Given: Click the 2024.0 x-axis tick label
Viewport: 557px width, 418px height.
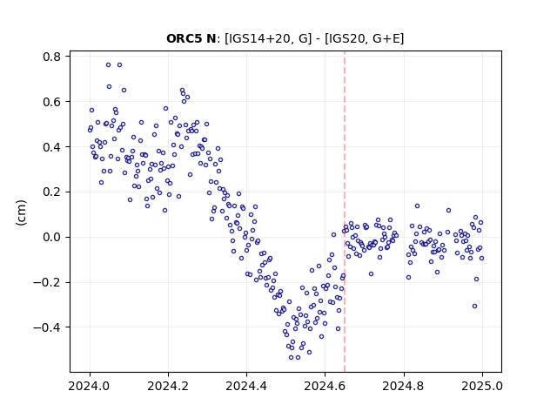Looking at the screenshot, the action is click(x=90, y=386).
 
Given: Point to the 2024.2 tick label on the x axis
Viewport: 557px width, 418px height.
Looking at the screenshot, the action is click(x=168, y=386).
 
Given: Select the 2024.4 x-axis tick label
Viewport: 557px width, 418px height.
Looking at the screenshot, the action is click(x=246, y=386).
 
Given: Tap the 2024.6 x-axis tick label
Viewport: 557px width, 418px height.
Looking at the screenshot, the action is click(x=325, y=386).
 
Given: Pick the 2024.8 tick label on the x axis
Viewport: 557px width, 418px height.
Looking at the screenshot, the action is click(x=404, y=386).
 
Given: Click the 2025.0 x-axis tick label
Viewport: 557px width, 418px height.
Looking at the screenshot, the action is click(x=482, y=386).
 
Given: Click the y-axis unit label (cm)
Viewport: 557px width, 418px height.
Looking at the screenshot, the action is click(x=21, y=212).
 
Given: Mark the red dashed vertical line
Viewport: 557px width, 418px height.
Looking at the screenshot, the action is click(x=345, y=212).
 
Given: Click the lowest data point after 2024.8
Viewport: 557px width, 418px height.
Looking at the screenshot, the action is click(x=474, y=306).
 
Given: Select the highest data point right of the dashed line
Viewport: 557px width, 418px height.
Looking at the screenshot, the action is click(x=418, y=206).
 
